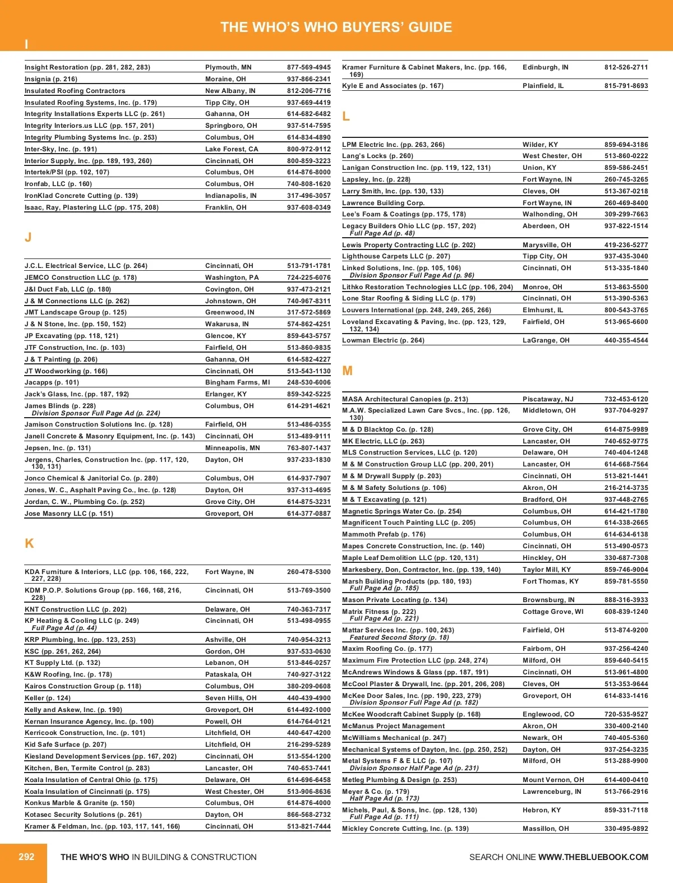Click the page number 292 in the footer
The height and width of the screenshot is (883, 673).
point(26,857)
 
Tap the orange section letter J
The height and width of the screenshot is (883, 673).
point(28,237)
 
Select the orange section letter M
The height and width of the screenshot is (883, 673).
point(347,371)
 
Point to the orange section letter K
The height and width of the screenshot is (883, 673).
point(29,543)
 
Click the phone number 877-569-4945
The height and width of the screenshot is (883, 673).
point(308,67)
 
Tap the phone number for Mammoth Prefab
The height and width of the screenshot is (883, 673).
point(626,534)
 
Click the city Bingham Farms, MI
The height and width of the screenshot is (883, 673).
point(237,382)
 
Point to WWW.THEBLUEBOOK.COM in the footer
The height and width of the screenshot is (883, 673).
point(593,857)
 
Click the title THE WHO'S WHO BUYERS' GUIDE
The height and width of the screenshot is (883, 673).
point(336,27)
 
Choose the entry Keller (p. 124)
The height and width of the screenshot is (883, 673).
point(48,698)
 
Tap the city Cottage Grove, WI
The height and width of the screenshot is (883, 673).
point(553,612)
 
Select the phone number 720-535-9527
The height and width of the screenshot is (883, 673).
point(626,714)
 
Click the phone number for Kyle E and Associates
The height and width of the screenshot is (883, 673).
point(626,86)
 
